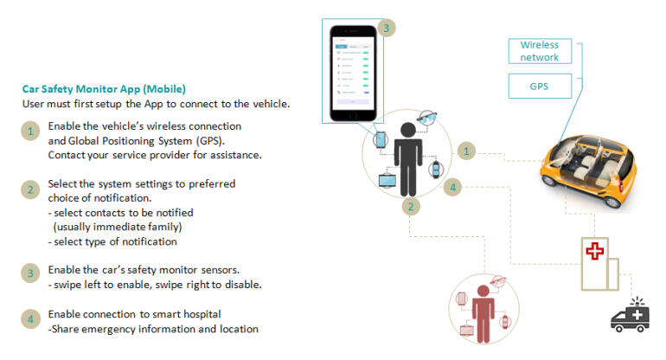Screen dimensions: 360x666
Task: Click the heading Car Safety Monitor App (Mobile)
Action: (103, 88)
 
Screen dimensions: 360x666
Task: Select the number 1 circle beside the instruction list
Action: (30, 132)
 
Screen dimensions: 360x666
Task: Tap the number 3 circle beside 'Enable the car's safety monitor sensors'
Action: (30, 273)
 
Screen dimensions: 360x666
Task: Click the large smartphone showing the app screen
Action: (355, 72)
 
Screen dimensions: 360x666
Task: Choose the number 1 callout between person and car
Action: (466, 151)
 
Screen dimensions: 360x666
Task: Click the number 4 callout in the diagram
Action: (452, 188)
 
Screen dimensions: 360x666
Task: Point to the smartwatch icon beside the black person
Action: (435, 170)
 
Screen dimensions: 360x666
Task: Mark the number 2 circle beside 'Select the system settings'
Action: (30, 189)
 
